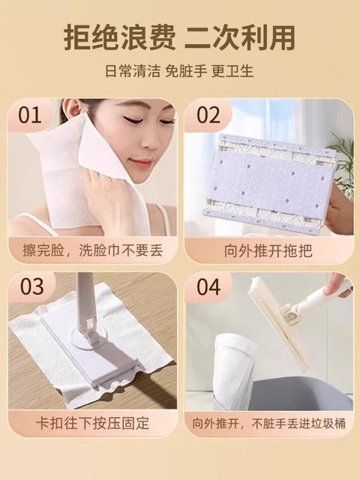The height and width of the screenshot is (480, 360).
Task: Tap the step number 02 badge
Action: tap(209, 116)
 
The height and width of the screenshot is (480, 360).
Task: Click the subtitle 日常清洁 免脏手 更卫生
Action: tap(179, 73)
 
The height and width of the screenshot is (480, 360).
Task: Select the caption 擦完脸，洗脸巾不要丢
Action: tap(92, 247)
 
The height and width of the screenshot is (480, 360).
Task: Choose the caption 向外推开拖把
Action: tap(268, 247)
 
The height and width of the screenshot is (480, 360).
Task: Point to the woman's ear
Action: tap(73, 112)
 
